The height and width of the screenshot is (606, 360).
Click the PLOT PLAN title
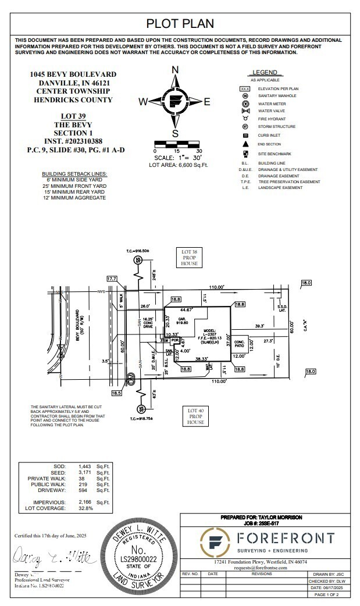(x=180, y=23)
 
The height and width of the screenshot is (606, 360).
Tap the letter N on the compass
(x=175, y=70)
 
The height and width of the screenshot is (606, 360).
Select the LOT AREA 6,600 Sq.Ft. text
(x=179, y=165)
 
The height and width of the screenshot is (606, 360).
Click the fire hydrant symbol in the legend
(x=245, y=118)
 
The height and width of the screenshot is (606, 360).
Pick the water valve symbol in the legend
(x=245, y=110)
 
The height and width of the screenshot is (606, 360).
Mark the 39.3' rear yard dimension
(x=259, y=326)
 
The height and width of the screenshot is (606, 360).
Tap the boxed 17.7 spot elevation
(x=112, y=279)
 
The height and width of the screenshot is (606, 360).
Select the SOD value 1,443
(x=85, y=467)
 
